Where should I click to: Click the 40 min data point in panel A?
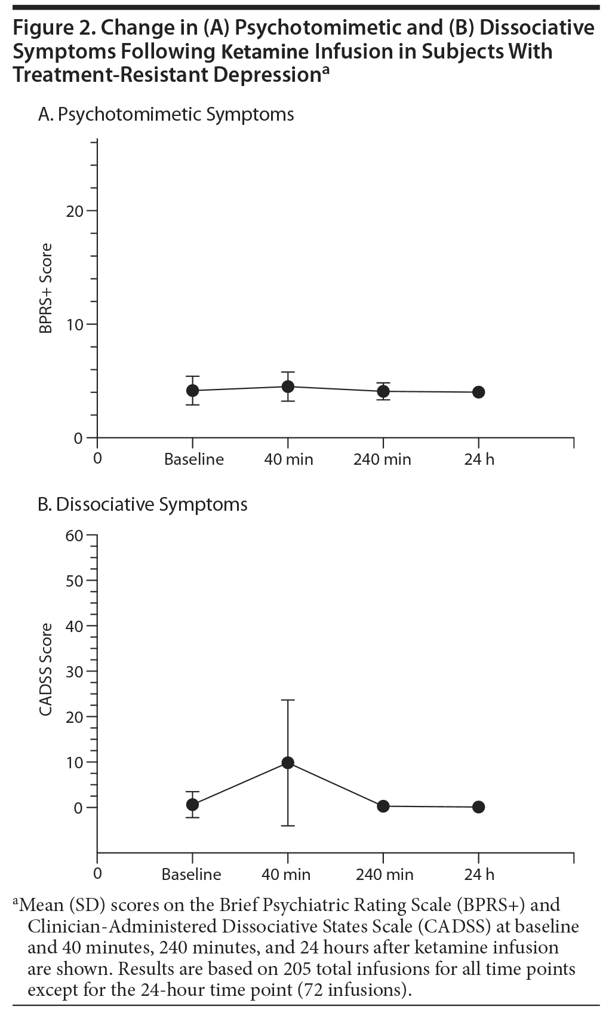coord(288,387)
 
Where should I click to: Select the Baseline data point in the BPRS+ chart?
coord(192,390)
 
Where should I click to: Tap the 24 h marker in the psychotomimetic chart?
coord(478,392)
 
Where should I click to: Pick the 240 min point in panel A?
coord(383,391)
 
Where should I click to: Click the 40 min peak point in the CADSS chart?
coord(288,762)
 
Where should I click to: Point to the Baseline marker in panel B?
coord(192,804)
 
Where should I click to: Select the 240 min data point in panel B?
coord(383,806)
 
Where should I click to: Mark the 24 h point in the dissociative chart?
coord(478,806)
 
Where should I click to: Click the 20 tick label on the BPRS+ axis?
coord(75,211)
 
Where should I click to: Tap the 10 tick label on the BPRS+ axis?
coord(75,324)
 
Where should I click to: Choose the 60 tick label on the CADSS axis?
coord(75,535)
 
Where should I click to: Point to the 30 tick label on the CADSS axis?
coord(75,671)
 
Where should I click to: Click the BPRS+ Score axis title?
coord(46,288)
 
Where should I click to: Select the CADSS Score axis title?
coord(46,669)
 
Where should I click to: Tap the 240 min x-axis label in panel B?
coord(385,875)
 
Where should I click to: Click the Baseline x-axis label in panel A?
coord(194,459)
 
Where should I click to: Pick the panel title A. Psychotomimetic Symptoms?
coord(166,114)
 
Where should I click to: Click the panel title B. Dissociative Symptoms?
coord(143,504)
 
